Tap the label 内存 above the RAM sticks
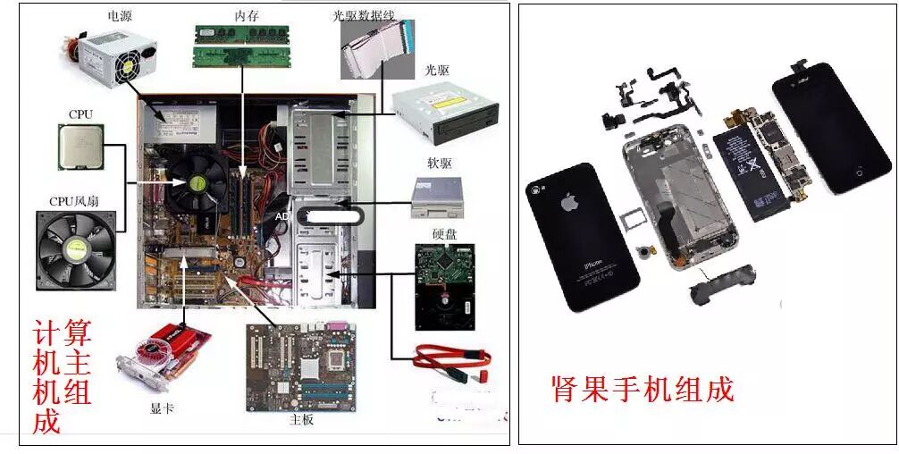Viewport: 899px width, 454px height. coord(247,15)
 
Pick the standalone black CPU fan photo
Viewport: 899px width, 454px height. coord(76,249)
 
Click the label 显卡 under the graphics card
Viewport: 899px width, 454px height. coord(162,409)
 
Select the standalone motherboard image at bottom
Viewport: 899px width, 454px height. coord(300,366)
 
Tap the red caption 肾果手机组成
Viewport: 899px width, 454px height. coord(642,390)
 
